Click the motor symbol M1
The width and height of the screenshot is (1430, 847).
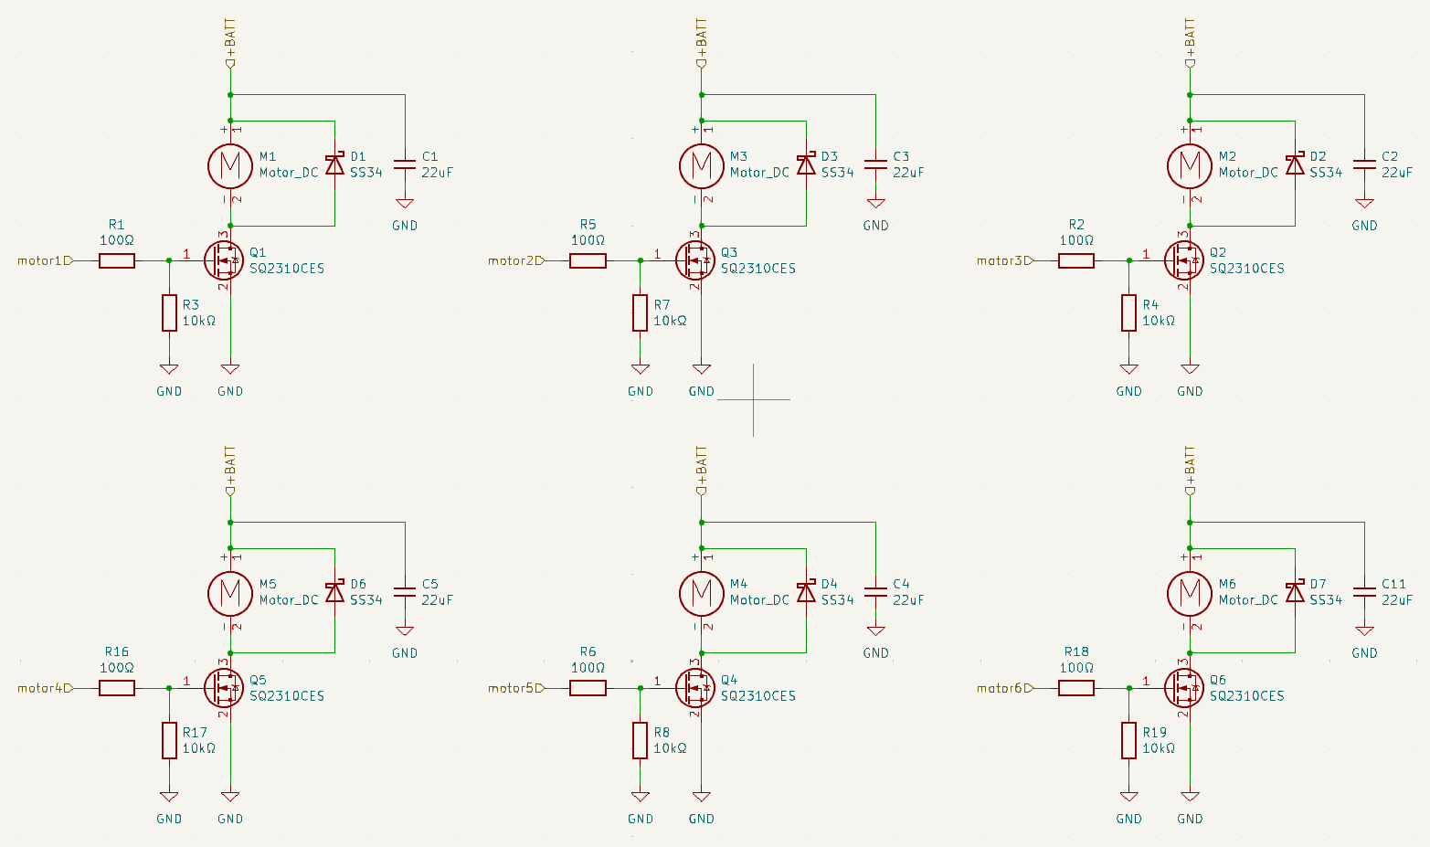[x=230, y=166]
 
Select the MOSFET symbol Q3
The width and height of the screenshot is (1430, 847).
[x=695, y=260]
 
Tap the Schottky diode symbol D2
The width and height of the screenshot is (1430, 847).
[x=1295, y=164]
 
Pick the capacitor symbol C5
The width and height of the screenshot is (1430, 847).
[x=405, y=592]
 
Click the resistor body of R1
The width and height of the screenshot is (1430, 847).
[x=117, y=260]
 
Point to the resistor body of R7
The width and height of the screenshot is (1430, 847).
[x=640, y=312]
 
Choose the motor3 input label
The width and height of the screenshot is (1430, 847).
[x=1004, y=260]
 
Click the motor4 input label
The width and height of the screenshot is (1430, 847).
[x=46, y=688]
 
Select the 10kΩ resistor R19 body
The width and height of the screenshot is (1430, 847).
[x=1128, y=740]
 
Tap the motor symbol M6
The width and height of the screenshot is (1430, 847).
[x=1190, y=594]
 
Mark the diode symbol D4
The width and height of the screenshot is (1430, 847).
[x=806, y=592]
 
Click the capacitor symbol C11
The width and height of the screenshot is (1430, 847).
[x=1364, y=592]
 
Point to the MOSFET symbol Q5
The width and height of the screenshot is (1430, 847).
[x=224, y=688]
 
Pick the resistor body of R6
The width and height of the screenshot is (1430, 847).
[x=588, y=688]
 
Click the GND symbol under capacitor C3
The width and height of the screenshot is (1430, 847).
[x=876, y=204]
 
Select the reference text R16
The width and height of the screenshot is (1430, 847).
[x=117, y=651]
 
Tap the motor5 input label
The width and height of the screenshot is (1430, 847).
[x=516, y=688]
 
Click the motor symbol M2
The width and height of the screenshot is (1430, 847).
[x=1190, y=166]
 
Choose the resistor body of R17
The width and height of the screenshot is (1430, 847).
[x=169, y=740]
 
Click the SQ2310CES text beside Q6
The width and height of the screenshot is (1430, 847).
[x=1246, y=695]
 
